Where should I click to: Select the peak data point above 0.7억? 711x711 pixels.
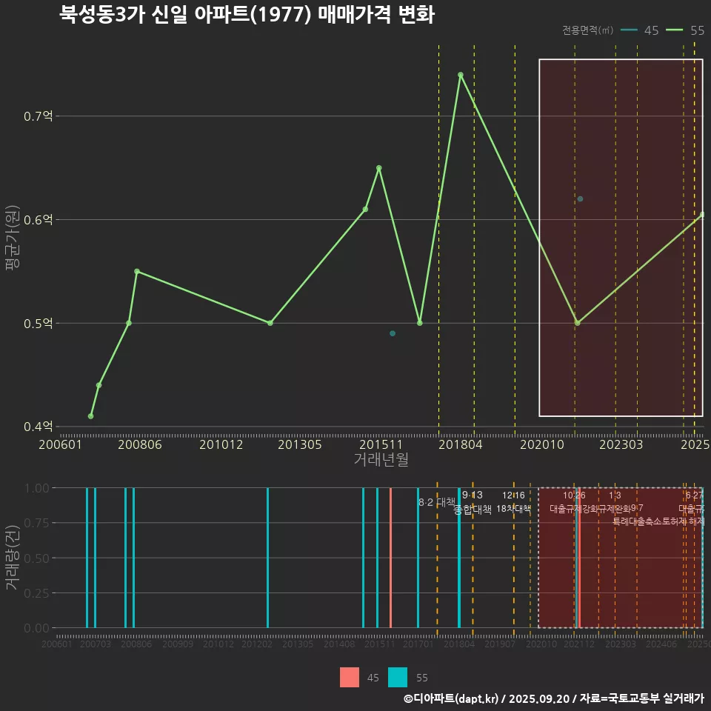tap(460, 75)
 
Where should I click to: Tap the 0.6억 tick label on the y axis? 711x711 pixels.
tap(37, 220)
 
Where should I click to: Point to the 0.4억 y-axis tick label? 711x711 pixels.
tap(37, 427)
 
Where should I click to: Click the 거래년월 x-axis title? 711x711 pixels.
tap(381, 460)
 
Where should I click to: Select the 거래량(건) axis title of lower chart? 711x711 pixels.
tap(12, 558)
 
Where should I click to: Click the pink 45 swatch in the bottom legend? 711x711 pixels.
tap(350, 677)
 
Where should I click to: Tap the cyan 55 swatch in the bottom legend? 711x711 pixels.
tap(398, 677)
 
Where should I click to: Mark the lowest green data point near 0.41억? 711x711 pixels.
tap(90, 416)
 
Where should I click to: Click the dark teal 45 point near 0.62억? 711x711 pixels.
tap(580, 199)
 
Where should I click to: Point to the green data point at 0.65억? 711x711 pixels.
tap(378, 168)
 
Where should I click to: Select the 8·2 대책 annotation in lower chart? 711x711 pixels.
tap(437, 502)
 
